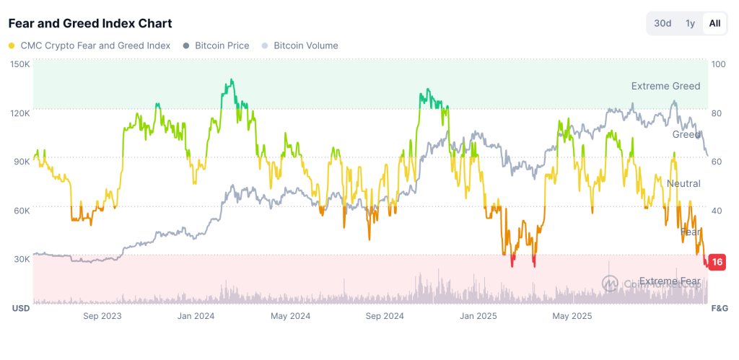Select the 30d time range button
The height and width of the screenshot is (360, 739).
(x=663, y=23)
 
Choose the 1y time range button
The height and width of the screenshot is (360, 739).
(x=690, y=23)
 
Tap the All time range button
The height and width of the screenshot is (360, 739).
(x=714, y=23)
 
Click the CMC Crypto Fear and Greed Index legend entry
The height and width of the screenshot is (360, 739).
(x=90, y=45)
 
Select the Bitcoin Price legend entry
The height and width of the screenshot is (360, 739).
(x=217, y=45)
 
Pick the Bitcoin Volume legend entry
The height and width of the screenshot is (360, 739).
(x=299, y=45)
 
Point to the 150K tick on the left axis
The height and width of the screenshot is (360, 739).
(x=19, y=64)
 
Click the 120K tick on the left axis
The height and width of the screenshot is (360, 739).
(x=19, y=113)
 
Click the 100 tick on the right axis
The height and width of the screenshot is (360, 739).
(x=718, y=64)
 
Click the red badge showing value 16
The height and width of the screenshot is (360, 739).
(x=717, y=262)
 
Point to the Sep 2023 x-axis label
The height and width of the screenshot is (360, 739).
(x=102, y=316)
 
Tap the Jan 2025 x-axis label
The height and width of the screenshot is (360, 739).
(x=477, y=316)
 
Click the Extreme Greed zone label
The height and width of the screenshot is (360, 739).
(x=665, y=86)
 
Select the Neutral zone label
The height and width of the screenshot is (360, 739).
(x=683, y=184)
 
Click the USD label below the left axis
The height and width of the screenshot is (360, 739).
(x=20, y=308)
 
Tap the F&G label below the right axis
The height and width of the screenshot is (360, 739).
(x=720, y=308)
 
